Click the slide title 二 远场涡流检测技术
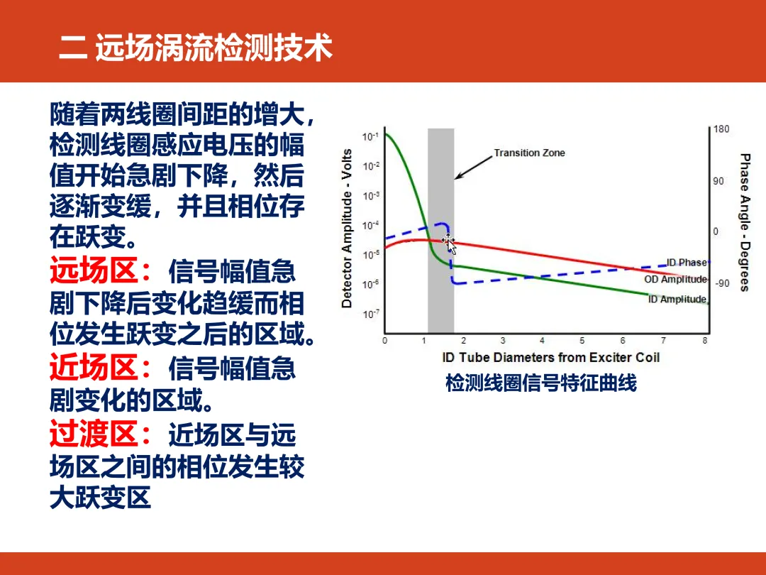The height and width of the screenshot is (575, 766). pos(196,48)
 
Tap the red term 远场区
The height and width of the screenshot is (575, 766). pos(94,270)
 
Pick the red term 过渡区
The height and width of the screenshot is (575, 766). pos(94,434)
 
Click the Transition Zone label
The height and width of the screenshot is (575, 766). pos(529,153)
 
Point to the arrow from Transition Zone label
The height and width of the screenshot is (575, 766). pos(473,168)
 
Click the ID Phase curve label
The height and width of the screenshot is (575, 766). pos(687,263)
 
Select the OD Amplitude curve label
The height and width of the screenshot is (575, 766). pos(675,279)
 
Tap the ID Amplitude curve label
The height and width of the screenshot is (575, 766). pos(677,299)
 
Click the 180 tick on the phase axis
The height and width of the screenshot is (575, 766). pos(721,129)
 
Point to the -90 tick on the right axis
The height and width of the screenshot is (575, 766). pos(722,283)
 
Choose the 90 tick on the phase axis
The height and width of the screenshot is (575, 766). pos(718,181)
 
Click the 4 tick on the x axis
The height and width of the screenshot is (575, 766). pos(542,340)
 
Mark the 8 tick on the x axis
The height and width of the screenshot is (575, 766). pos(705,340)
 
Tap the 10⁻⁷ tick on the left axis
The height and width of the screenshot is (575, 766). pos(370,314)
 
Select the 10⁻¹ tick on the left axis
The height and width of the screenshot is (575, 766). pos(370,136)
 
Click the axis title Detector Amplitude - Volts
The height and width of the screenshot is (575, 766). pos(346,229)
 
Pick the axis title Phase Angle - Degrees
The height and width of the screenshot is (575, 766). pos(745,222)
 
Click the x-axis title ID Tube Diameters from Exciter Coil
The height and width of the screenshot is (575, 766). pos(550,357)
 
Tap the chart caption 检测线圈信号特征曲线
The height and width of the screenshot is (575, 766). pos(540,383)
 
